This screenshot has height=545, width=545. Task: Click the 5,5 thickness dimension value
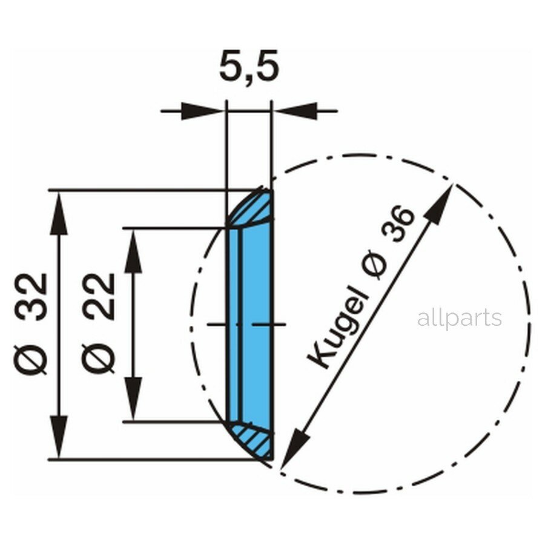[x=249, y=68]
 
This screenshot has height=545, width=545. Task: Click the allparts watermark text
[x=459, y=318]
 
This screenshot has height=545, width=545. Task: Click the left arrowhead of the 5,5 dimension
[x=203, y=111]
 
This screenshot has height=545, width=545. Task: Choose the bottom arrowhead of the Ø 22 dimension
[x=133, y=400]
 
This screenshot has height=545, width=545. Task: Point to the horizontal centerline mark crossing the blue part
[x=246, y=325]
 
